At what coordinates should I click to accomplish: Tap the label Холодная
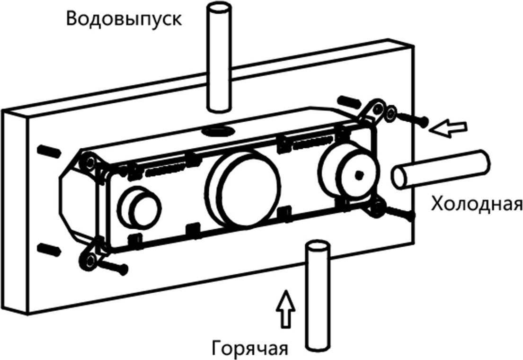pyautogui.click(x=476, y=205)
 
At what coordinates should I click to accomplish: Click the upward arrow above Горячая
pyautogui.click(x=286, y=308)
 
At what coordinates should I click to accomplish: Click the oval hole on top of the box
pyautogui.click(x=219, y=129)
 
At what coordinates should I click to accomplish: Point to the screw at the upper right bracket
pyautogui.click(x=412, y=117)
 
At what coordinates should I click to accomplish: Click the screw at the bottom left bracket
pyautogui.click(x=114, y=266)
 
